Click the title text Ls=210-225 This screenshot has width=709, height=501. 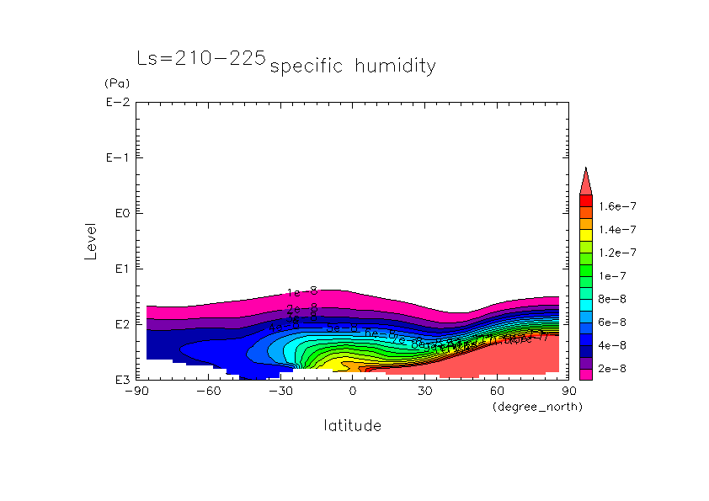pos(201,59)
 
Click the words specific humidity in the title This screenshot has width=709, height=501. pos(353,67)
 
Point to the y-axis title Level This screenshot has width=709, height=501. pos(91,241)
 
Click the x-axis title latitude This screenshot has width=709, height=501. pos(352,426)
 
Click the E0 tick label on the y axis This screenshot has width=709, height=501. pos(119,213)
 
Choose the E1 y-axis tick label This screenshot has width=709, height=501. pos(119,269)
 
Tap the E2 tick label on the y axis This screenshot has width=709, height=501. pos(119,324)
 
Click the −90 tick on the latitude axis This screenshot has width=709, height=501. pos(136,392)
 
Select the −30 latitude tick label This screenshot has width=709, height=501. pos(280,392)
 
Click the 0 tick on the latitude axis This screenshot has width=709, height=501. pos(353,392)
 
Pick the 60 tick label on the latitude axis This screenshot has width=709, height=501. pos(497,392)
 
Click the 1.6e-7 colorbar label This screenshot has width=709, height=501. pos(616,205)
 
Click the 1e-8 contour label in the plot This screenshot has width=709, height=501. pos(301,292)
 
